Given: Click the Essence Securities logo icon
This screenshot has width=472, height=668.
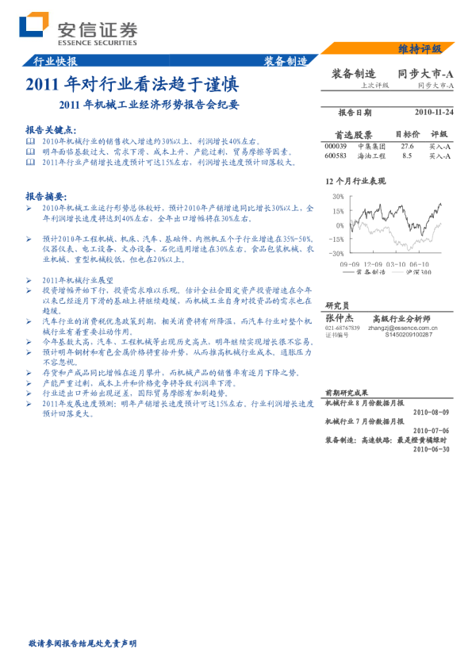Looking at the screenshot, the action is [x=34, y=25].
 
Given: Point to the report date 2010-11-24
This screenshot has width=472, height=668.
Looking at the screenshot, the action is [x=433, y=113].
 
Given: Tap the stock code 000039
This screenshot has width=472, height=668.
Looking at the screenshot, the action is [x=336, y=147].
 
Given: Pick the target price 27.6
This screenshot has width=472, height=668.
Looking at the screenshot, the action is [x=407, y=147].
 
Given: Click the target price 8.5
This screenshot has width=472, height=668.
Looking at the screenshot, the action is [x=407, y=156].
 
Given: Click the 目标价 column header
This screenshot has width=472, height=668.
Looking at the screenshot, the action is [x=406, y=135].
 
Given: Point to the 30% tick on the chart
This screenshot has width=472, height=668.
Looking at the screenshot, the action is [x=337, y=197].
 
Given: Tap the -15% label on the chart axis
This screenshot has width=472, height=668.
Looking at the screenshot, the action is [x=336, y=238].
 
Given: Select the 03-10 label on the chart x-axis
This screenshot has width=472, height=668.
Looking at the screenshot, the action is [x=396, y=263].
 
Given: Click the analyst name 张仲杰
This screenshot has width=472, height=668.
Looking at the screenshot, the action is [x=340, y=317].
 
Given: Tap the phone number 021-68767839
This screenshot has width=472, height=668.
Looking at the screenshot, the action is [x=342, y=328].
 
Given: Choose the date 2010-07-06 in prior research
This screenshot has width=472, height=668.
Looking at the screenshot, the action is [x=432, y=431].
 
